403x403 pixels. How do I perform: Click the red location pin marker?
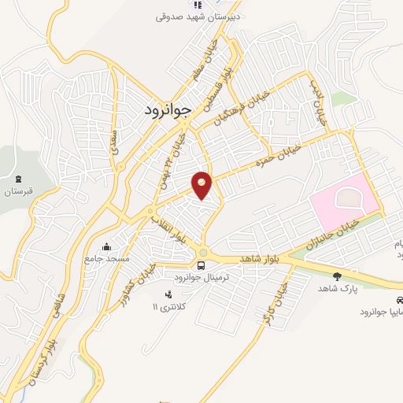pos(202,185)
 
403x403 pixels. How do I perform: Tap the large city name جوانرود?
pos(168,111)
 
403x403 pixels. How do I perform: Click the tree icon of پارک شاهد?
pos(338,276)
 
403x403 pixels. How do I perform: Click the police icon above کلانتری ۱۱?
pos(166,294)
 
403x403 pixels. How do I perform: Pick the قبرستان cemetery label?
pos(20,191)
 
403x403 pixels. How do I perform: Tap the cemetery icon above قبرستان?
pos(20,179)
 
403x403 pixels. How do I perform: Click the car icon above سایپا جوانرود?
pos(400,301)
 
